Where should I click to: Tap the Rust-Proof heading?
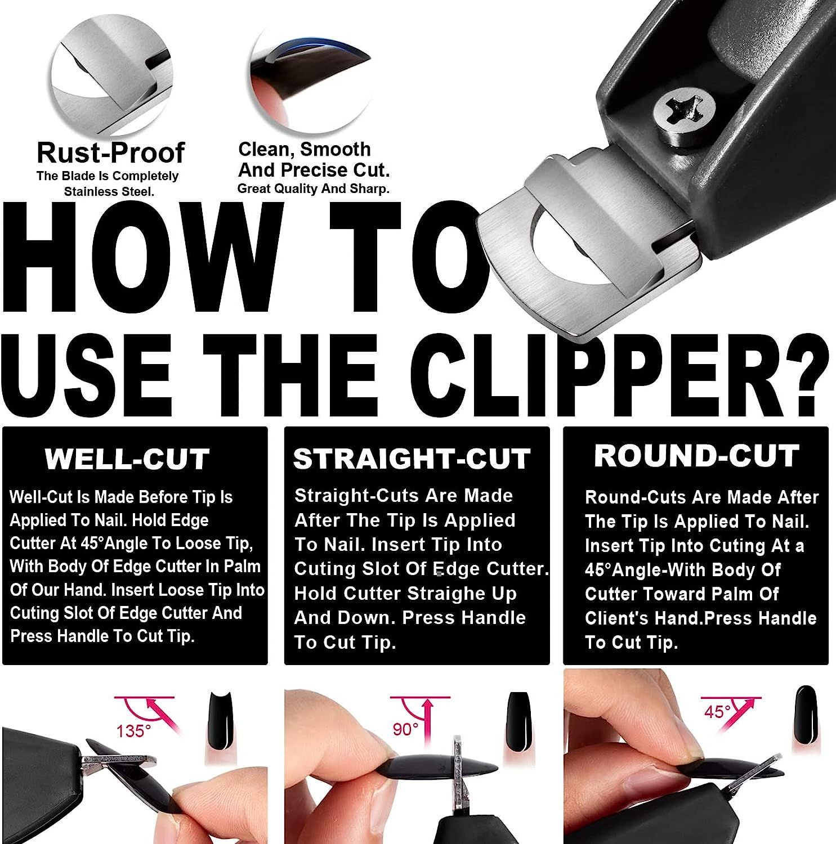pyautogui.click(x=110, y=152)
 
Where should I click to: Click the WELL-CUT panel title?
pyautogui.click(x=127, y=459)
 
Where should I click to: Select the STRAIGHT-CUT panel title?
pyautogui.click(x=412, y=459)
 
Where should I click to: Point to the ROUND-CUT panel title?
pyautogui.click(x=696, y=456)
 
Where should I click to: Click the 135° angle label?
pyautogui.click(x=133, y=731)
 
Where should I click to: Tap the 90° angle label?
pyautogui.click(x=405, y=729)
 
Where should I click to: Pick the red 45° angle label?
pyautogui.click(x=717, y=712)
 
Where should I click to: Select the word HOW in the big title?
pyautogui.click(x=144, y=259)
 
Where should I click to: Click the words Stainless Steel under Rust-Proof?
pyautogui.click(x=109, y=191)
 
